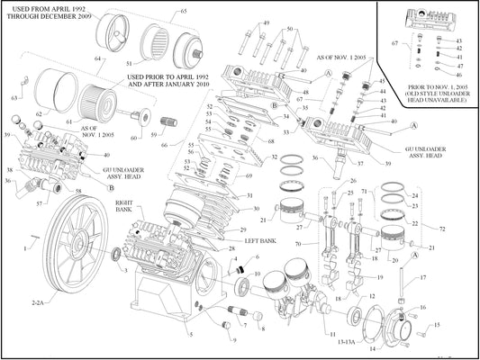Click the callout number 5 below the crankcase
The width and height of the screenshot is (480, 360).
tap(191, 335)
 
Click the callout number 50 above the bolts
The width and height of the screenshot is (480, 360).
tap(290, 30)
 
